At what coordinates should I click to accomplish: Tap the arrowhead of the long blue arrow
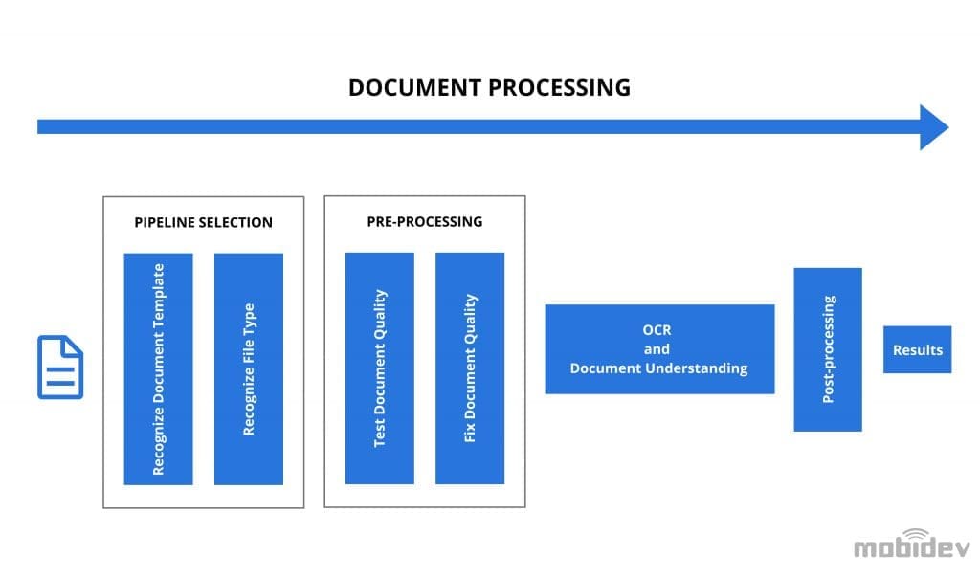tap(933, 127)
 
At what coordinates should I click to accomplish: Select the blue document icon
tap(59, 367)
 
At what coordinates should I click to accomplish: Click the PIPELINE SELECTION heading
tap(203, 222)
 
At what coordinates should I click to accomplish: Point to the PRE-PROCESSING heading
tap(425, 221)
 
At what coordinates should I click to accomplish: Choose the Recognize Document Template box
tap(159, 368)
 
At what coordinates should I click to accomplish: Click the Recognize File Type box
tap(249, 368)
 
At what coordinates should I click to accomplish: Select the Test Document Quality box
tap(380, 368)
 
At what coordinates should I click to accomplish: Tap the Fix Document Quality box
tap(470, 368)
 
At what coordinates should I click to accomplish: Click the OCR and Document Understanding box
tap(659, 349)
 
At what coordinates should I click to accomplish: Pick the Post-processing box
tap(828, 349)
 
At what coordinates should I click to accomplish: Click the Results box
tap(917, 349)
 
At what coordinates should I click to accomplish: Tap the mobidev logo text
tap(911, 548)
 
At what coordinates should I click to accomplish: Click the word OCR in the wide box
tap(658, 330)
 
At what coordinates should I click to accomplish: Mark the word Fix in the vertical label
tap(470, 432)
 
